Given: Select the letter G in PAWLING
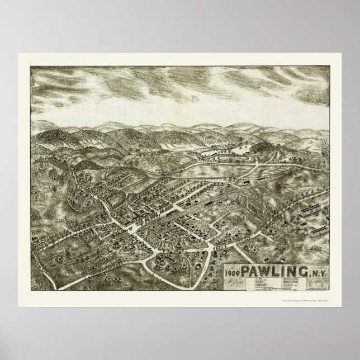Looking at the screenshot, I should point(304,271).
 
